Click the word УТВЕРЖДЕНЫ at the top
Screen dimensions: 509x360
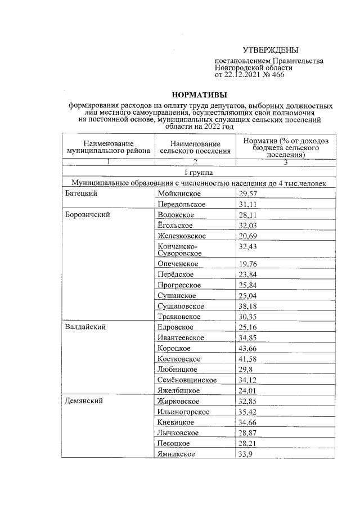[271, 51]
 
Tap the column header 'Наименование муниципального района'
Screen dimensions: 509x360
[108, 147]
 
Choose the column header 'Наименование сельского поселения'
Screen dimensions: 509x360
[195, 147]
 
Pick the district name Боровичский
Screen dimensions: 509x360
[87, 214]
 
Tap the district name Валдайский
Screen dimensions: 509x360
[85, 327]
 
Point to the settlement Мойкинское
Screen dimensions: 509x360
[178, 193]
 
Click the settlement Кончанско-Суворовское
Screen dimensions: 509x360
[179, 250]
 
